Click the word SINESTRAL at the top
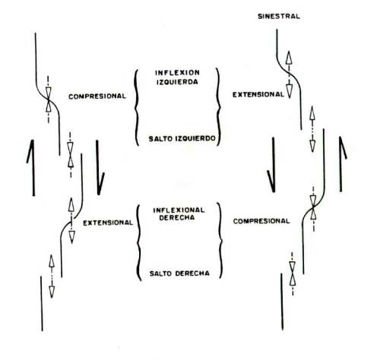click(x=279, y=17)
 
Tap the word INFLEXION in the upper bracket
click(x=177, y=73)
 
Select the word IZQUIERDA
click(x=177, y=82)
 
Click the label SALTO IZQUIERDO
click(x=182, y=139)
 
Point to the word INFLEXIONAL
click(x=179, y=210)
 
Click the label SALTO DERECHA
click(x=179, y=273)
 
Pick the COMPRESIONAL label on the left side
click(x=97, y=96)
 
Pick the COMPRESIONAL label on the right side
click(x=261, y=221)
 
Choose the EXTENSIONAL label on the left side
click(x=108, y=223)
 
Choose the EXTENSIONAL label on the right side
click(x=258, y=95)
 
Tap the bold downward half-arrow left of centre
click(x=99, y=168)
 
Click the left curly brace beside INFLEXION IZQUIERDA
click(x=137, y=108)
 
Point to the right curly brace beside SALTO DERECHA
click(x=220, y=241)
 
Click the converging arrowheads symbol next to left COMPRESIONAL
click(x=49, y=99)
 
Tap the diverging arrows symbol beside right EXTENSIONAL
click(x=289, y=74)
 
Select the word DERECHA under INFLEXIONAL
click(x=177, y=218)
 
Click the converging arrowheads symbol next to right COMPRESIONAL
click(x=313, y=209)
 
